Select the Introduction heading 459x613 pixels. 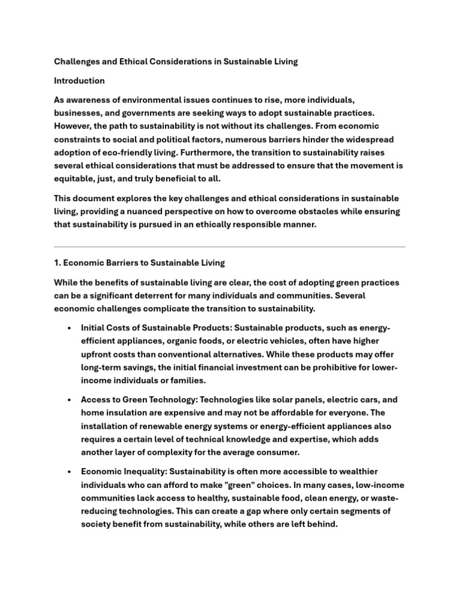[x=79, y=81]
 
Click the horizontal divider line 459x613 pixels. [x=229, y=246]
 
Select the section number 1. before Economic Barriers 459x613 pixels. [x=57, y=263]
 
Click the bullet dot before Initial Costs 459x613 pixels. [x=70, y=329]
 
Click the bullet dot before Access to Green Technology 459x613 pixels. [x=70, y=400]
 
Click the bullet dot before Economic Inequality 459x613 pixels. [x=70, y=471]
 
